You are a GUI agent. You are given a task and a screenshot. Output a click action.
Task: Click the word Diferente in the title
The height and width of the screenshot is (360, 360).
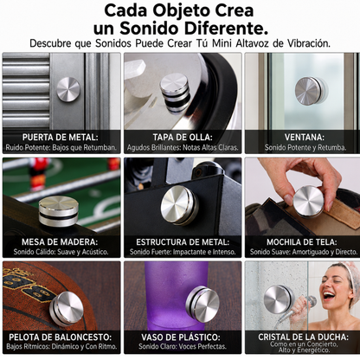pyautogui.click(x=226, y=29)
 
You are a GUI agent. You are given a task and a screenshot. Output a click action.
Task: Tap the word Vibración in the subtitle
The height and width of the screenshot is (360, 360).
pyautogui.click(x=309, y=43)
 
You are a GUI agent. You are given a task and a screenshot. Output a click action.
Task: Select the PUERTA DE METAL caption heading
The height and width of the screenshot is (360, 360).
pyautogui.click(x=60, y=137)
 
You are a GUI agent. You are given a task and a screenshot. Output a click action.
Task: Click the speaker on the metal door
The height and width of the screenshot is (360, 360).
pyautogui.click(x=68, y=89)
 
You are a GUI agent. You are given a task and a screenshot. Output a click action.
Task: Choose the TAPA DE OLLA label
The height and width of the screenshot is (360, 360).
pyautogui.click(x=183, y=137)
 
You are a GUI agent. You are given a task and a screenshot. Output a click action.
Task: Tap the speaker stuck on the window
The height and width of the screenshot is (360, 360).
pyautogui.click(x=310, y=91)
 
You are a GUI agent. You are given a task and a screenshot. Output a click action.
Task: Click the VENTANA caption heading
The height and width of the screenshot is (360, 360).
pyautogui.click(x=305, y=137)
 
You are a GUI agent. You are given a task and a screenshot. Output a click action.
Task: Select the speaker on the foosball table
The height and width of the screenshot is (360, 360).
pyautogui.click(x=59, y=211)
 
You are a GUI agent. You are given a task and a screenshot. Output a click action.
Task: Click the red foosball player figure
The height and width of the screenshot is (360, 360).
pyautogui.click(x=38, y=174)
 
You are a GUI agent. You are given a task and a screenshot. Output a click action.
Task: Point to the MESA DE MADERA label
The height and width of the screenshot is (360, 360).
pyautogui.click(x=60, y=241)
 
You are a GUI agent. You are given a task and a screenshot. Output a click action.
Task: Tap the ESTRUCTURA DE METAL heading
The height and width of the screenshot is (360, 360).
pyautogui.click(x=183, y=241)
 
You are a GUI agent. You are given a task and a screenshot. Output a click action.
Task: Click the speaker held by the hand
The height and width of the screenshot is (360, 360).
pyautogui.click(x=308, y=202)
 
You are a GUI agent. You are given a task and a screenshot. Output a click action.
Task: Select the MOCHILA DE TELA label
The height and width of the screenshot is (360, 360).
pyautogui.click(x=301, y=241)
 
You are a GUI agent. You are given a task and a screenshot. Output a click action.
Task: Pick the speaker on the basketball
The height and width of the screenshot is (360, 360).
pyautogui.click(x=66, y=309)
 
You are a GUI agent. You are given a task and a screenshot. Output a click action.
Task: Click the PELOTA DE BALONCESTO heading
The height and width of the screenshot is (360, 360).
pyautogui.click(x=61, y=337)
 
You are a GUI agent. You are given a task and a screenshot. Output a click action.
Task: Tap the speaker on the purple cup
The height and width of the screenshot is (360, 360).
pyautogui.click(x=202, y=301)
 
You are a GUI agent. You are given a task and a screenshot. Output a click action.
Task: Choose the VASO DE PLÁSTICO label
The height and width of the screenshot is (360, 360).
pyautogui.click(x=181, y=337)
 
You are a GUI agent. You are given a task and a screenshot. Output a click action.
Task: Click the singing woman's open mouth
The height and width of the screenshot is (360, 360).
pyautogui.click(x=329, y=295)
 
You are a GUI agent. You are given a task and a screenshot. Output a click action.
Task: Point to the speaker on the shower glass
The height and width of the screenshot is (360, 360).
pyautogui.click(x=279, y=299)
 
